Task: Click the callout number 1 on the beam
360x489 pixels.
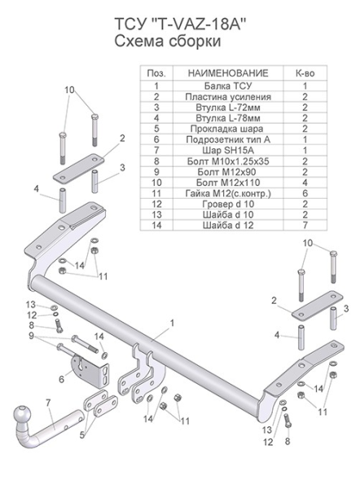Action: coord(172,323)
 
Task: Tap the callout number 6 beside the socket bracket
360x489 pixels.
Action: coord(61,379)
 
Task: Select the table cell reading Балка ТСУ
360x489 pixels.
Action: coord(228,86)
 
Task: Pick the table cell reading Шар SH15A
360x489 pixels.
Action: coord(228,151)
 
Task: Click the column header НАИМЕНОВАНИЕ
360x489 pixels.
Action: coord(228,73)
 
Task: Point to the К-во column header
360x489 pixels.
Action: coord(305,73)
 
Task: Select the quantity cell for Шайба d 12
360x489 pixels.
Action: coord(305,225)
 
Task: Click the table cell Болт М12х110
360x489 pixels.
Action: coord(228,183)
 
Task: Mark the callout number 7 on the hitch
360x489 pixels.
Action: coord(48,403)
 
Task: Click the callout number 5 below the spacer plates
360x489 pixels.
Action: coord(82,434)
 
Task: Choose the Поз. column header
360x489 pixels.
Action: coord(156,73)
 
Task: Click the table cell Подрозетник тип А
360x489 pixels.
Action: coord(228,139)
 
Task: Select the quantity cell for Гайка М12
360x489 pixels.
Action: coord(305,193)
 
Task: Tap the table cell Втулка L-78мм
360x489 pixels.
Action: coord(228,118)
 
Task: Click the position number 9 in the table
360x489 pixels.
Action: coord(156,172)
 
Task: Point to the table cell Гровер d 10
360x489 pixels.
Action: coord(228,205)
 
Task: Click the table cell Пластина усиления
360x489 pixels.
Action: coord(228,97)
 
